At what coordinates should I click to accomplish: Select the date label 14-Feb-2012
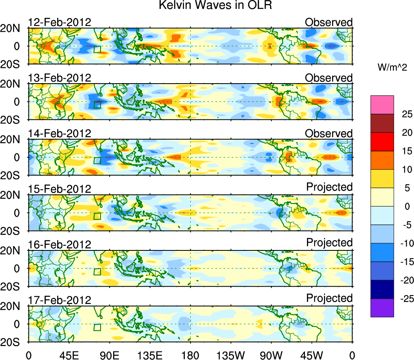click(60, 134)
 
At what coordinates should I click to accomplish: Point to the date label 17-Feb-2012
click(60, 300)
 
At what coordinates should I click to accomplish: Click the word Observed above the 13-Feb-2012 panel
click(329, 78)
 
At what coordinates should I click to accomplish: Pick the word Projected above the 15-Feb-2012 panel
click(329, 187)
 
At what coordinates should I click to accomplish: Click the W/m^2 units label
click(392, 68)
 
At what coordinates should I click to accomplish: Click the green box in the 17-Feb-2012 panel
click(97, 327)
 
